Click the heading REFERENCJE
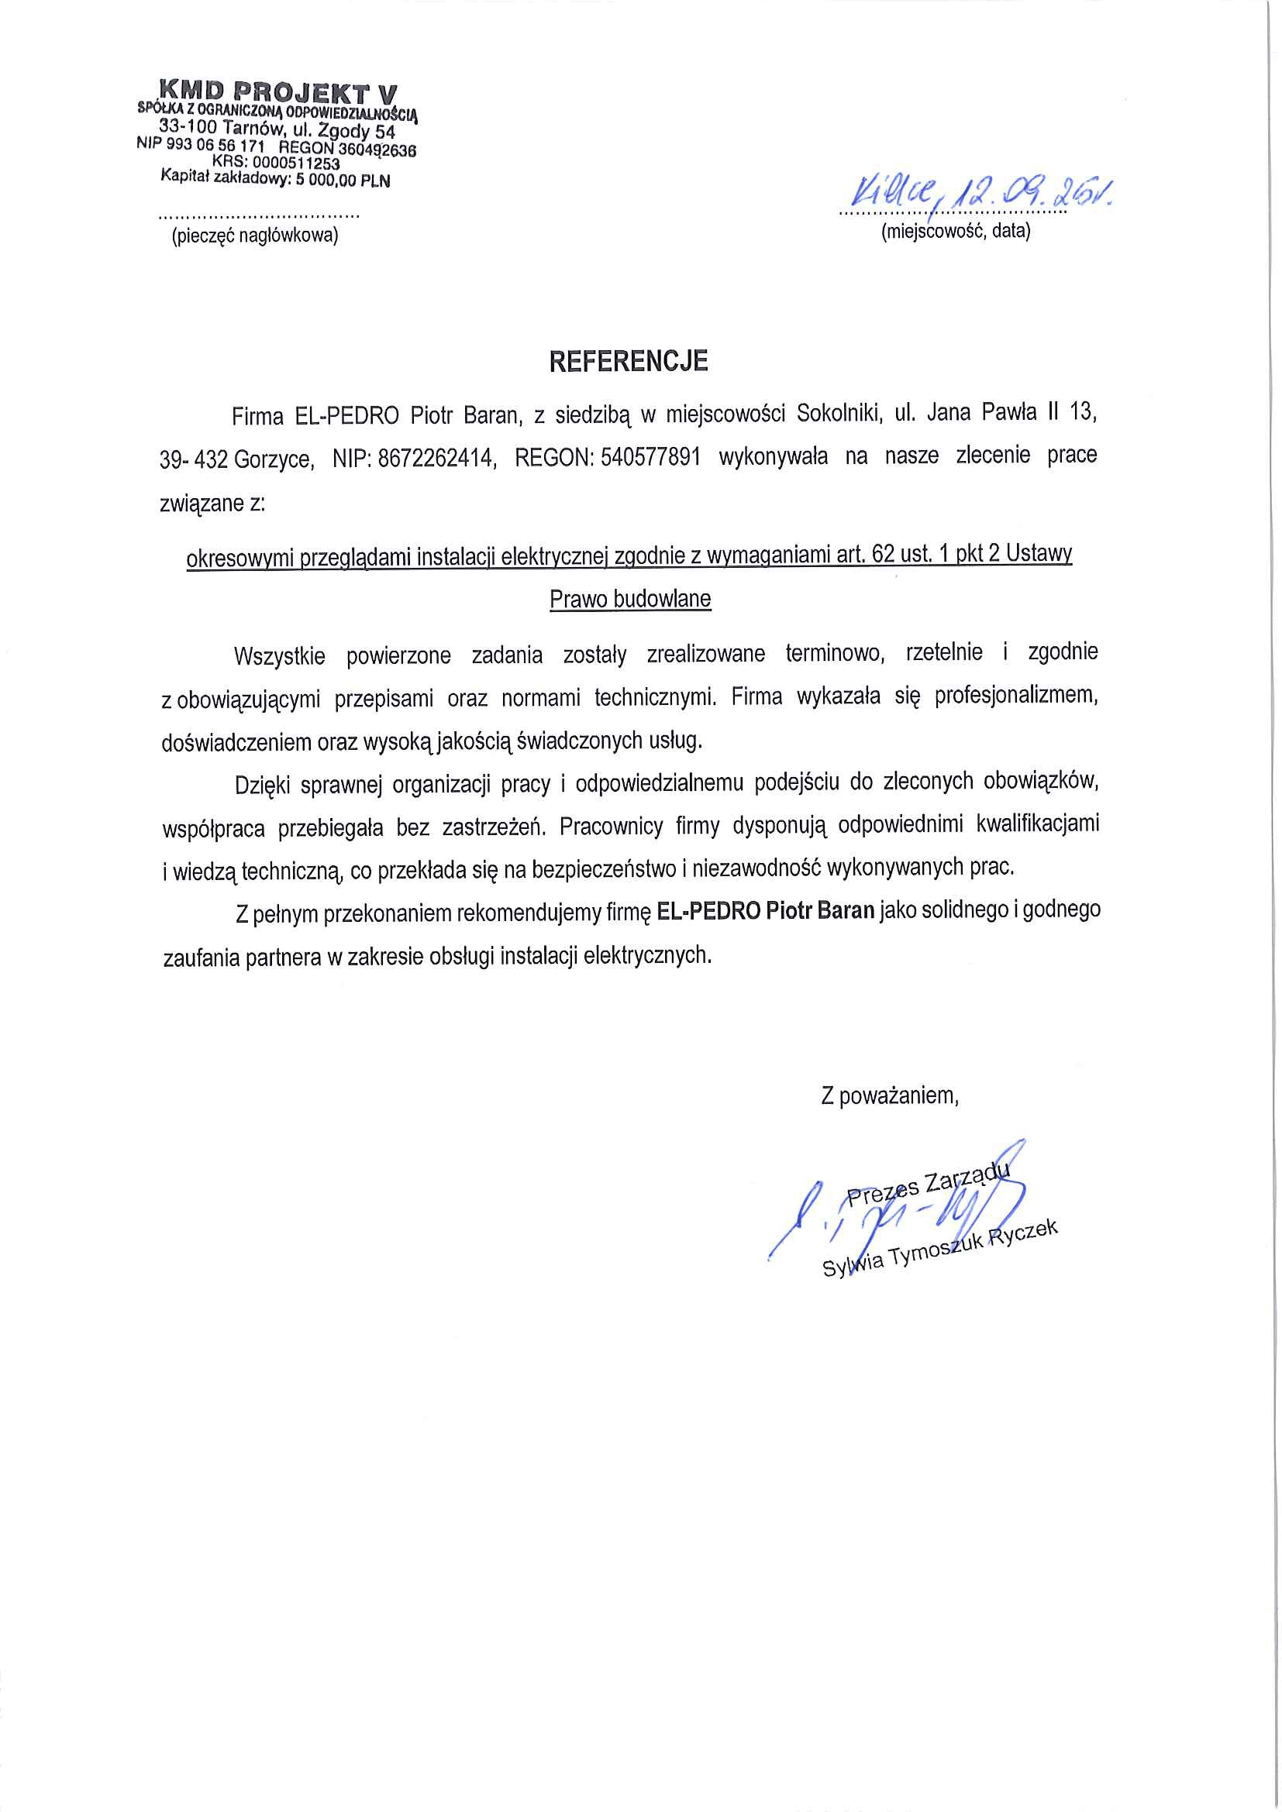coord(629,362)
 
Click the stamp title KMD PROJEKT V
coord(279,91)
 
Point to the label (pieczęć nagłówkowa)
coord(254,236)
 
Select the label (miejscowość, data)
coord(955,231)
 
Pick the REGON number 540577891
coord(650,457)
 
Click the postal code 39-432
coord(194,459)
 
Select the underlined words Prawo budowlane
coord(630,599)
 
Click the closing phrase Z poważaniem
coord(890,1096)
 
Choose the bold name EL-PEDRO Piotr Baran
coord(765,911)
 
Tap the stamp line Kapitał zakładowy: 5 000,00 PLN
coord(275,179)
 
